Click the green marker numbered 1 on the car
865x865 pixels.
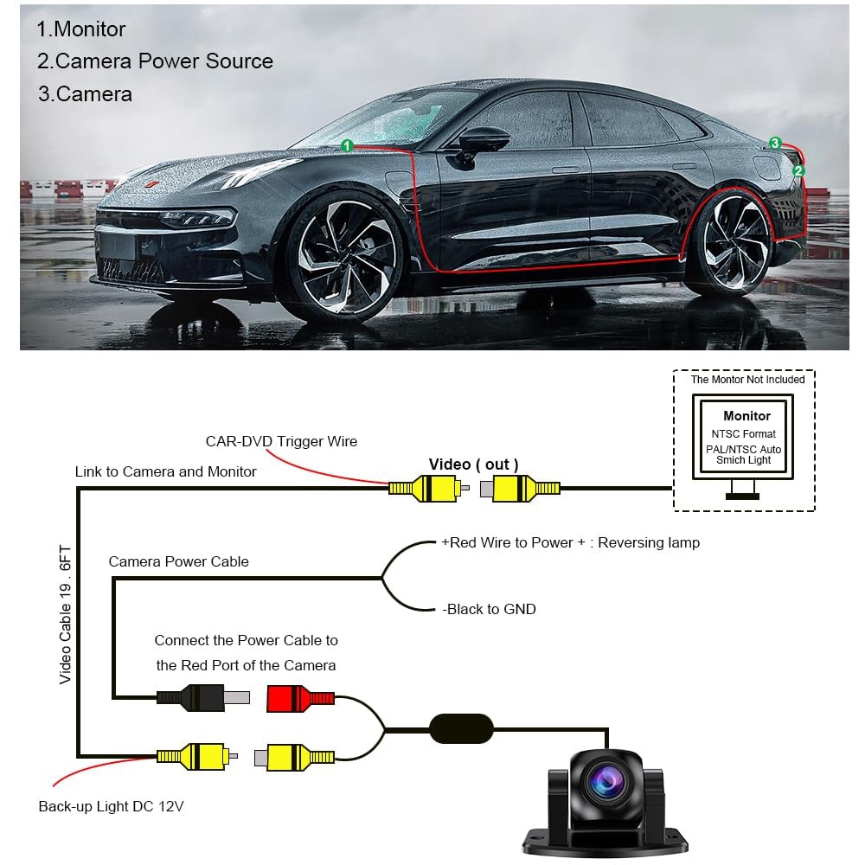[x=347, y=146]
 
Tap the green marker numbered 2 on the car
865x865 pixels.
[x=798, y=171]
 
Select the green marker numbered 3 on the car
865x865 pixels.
[x=775, y=143]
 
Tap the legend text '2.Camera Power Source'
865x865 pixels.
[x=155, y=61]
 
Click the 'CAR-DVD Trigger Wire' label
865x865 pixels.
[x=281, y=441]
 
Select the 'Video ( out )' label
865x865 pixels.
[x=473, y=465]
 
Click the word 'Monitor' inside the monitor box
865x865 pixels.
[x=746, y=416]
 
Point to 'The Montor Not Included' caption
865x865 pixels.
[x=747, y=380]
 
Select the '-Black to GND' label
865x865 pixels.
[x=489, y=609]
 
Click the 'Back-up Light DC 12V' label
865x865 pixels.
[x=111, y=806]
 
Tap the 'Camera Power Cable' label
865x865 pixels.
[x=178, y=561]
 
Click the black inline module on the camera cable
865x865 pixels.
[x=462, y=728]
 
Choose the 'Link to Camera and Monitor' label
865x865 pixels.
[x=166, y=471]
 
